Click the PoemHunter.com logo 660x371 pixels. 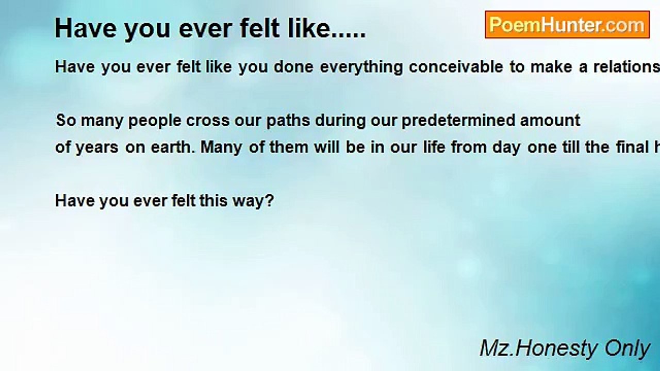(567, 25)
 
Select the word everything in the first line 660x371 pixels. (361, 67)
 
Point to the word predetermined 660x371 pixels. (458, 121)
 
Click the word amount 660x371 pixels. (550, 121)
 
